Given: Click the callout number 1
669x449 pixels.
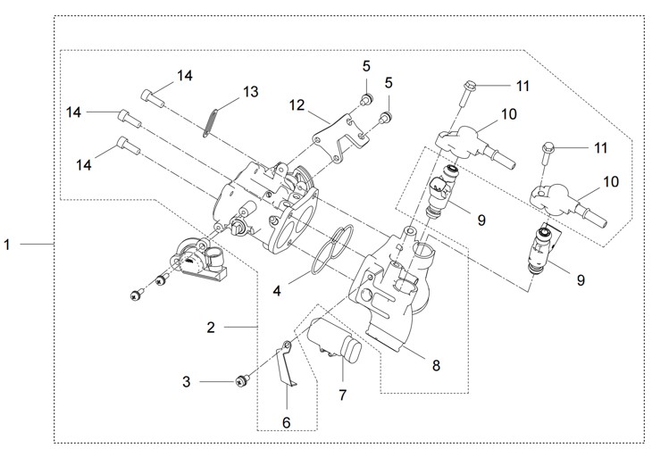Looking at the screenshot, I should point(8,244).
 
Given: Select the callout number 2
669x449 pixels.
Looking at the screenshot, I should point(211,328).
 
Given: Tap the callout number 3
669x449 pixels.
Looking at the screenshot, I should point(187,382).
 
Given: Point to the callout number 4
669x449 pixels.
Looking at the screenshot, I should point(277,290).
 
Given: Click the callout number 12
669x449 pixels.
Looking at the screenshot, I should point(297,105).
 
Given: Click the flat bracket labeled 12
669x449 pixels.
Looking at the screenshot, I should point(340,139).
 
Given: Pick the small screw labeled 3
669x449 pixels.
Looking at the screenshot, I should point(240,382).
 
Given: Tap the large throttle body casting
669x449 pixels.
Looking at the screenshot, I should point(268,201).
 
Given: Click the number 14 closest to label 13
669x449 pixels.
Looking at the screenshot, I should point(184,76).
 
